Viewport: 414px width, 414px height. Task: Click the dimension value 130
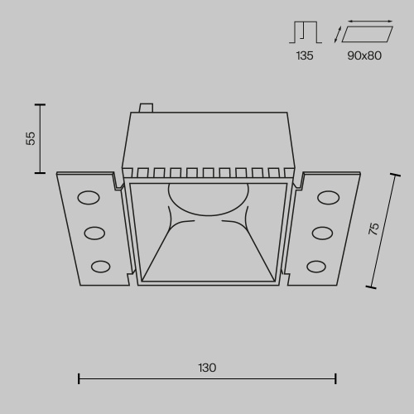click(207, 368)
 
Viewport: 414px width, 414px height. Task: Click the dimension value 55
click(31, 138)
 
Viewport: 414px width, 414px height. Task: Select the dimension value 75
click(373, 229)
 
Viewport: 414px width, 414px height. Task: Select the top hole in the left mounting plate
click(88, 197)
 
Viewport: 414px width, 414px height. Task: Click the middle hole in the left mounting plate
click(94, 232)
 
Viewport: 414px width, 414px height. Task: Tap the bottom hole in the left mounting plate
click(100, 266)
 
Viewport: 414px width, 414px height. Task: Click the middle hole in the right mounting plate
click(321, 232)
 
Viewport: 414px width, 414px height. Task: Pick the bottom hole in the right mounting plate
click(315, 266)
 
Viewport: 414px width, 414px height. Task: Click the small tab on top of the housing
click(147, 107)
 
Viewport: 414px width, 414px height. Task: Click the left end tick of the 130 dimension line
click(79, 379)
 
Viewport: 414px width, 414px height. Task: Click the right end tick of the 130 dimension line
click(335, 379)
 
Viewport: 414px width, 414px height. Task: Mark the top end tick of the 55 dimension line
click(38, 104)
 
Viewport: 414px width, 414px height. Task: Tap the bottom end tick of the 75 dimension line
click(370, 286)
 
